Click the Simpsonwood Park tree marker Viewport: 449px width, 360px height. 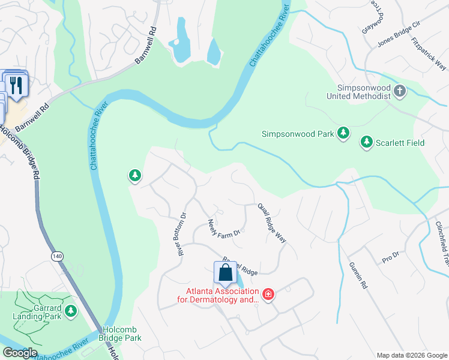[343, 133]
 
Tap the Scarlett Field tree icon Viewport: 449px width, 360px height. [366, 142]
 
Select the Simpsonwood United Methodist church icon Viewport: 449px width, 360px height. [400, 91]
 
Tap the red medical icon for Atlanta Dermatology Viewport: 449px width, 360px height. [268, 294]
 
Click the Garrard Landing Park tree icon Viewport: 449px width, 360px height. [71, 311]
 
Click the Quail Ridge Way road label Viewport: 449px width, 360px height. [272, 221]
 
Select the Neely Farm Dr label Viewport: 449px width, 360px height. [224, 227]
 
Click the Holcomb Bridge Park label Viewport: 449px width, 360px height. [122, 334]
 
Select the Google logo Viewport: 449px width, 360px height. [20, 353]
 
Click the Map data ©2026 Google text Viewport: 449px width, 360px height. [411, 355]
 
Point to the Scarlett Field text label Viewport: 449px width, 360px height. [400, 143]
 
